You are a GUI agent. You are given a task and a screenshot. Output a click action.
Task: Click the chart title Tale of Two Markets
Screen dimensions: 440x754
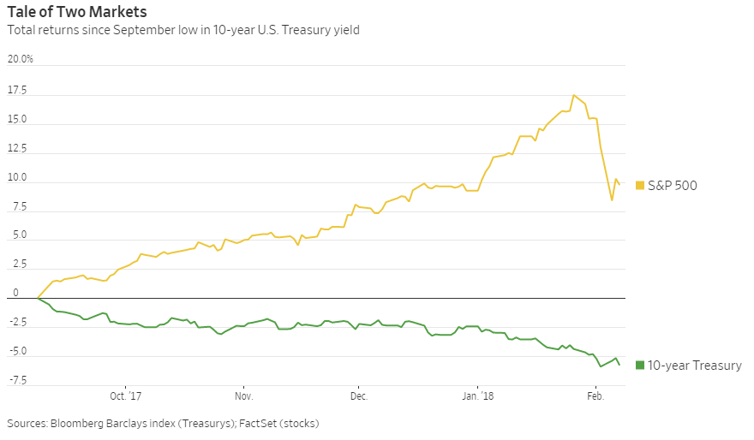[76, 12]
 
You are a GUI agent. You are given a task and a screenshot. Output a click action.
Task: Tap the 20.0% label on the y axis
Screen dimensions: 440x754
[21, 59]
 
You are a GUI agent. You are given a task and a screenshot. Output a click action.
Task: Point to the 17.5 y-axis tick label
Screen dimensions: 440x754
[18, 91]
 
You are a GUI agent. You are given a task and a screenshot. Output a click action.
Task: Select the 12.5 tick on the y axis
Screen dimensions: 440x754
[18, 149]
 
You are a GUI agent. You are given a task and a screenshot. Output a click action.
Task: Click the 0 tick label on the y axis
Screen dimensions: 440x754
[14, 293]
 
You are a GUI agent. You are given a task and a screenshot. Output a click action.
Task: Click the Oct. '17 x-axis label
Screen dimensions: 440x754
[125, 396]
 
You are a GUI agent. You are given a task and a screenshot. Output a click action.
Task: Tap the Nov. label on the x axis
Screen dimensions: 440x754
[243, 396]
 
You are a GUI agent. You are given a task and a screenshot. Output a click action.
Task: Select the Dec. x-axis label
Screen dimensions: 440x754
[359, 396]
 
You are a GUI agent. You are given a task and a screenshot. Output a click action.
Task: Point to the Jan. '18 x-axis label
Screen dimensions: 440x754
[478, 396]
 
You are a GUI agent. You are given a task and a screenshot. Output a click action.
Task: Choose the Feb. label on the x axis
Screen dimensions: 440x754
[595, 396]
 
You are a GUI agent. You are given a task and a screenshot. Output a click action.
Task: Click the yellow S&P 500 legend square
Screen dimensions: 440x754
[639, 185]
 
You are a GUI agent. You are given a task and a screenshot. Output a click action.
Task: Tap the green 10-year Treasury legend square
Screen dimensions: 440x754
[639, 366]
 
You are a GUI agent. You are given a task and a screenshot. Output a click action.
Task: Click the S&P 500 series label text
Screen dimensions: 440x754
[673, 185]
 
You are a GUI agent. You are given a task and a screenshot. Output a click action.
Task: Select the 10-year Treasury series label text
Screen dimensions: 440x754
[695, 366]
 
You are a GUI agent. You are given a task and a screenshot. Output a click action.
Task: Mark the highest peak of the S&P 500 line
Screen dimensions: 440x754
[573, 95]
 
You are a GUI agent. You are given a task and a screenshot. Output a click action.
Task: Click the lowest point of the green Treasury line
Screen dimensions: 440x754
[600, 367]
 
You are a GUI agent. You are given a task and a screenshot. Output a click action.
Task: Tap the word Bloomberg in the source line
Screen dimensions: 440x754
[79, 423]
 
